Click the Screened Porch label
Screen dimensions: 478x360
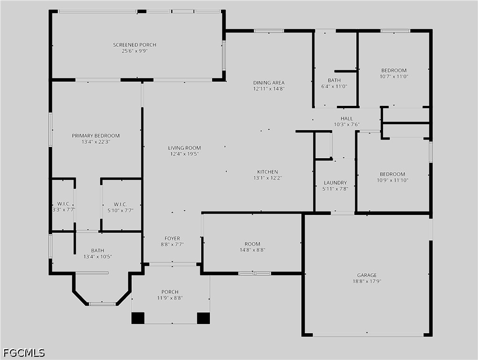[135, 45]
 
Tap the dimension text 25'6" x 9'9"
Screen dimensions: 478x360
[135, 51]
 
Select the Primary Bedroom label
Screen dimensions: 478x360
[96, 136]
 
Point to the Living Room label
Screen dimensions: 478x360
[184, 148]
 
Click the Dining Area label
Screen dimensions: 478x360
[269, 82]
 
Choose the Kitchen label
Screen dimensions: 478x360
[267, 172]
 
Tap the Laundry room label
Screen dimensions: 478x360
[335, 183]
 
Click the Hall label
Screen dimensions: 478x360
[346, 118]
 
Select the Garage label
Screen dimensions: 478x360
[367, 275]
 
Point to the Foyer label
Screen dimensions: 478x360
[172, 238]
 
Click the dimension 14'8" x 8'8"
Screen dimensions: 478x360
[252, 250]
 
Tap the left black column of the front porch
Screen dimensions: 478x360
[138, 318]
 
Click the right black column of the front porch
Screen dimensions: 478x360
[203, 318]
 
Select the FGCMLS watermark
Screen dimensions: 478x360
[24, 353]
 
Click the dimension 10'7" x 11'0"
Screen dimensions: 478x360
[394, 76]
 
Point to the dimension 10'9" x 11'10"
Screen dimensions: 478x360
[393, 180]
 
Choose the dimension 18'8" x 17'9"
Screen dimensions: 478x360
[367, 281]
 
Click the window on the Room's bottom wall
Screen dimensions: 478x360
[255, 273]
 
